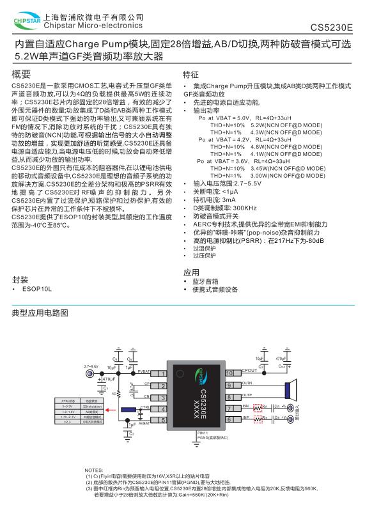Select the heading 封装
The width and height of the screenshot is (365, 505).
pyautogui.click(x=20, y=279)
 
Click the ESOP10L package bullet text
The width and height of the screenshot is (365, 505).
pyautogui.click(x=36, y=290)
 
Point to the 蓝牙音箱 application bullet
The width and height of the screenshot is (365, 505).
pyautogui.click(x=205, y=281)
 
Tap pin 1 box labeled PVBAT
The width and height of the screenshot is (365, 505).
pyautogui.click(x=162, y=373)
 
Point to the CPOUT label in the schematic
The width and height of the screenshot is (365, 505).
pyautogui.click(x=250, y=371)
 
